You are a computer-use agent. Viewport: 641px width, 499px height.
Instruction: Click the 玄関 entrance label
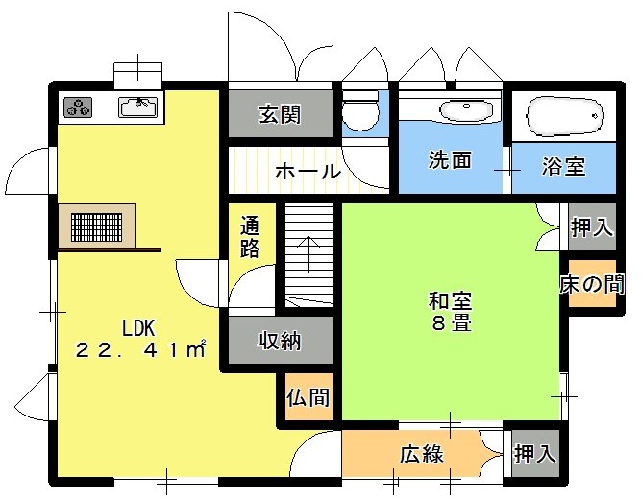point(280,114)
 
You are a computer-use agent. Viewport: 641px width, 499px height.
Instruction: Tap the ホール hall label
point(308,171)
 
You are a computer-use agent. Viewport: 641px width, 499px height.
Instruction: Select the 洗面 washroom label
point(450,160)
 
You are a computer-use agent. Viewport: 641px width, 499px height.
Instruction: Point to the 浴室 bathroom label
point(564,166)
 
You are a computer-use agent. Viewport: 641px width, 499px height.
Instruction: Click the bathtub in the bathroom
point(565,116)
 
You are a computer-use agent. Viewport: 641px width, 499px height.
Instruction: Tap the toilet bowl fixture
point(360,110)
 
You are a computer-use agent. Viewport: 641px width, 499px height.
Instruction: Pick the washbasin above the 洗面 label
point(466,110)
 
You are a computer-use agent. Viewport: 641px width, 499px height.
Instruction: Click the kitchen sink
point(137,107)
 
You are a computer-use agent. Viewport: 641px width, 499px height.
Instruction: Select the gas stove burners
point(78,107)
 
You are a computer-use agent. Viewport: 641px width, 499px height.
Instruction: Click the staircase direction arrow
point(308,254)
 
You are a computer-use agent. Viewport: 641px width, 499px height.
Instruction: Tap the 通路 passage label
point(250,237)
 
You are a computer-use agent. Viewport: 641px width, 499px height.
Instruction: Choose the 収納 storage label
point(280,340)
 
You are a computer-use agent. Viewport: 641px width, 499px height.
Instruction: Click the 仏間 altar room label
point(308,397)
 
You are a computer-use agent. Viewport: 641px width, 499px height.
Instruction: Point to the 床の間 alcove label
point(592,283)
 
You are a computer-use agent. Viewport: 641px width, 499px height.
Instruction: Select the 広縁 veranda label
point(422,454)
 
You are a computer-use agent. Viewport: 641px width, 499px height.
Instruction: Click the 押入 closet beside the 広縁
point(535,453)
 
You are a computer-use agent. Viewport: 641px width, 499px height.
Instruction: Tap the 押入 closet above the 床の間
point(592,227)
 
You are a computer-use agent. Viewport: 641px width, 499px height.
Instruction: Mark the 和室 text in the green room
point(450,301)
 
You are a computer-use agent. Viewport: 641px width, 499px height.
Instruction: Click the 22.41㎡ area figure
point(140,350)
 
